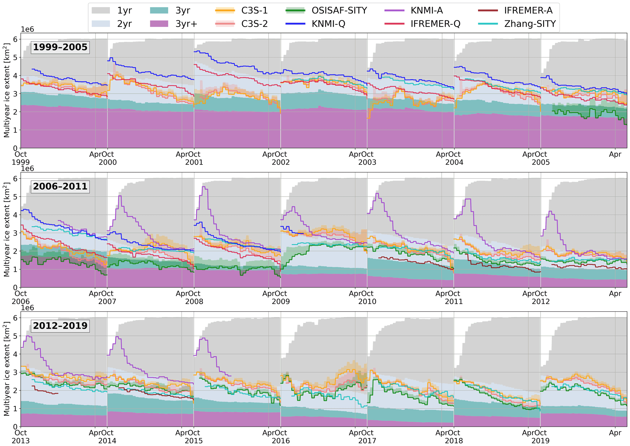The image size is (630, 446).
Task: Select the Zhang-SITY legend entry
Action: coord(530,24)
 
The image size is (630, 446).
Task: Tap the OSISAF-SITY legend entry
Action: coord(339,11)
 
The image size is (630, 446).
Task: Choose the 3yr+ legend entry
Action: coord(186,24)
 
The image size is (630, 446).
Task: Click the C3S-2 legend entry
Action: coord(254,24)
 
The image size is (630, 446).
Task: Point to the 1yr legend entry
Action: coord(124,11)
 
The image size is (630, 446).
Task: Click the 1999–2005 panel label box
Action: coord(60,47)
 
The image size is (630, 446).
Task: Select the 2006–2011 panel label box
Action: coord(60,186)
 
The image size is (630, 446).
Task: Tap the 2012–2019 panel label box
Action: coord(60,326)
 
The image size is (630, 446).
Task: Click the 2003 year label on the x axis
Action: coord(367,162)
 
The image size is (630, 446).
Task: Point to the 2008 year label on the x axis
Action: coord(194,302)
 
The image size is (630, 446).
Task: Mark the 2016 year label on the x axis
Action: coord(280,441)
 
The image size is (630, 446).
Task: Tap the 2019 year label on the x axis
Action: coord(540,441)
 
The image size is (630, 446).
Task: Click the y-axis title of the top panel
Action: coord(6,90)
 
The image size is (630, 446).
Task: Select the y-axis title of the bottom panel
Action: coord(6,369)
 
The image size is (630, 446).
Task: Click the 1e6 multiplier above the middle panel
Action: coord(27,169)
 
